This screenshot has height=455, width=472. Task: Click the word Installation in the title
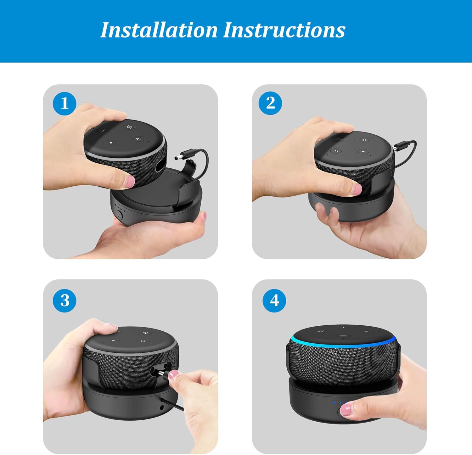coord(159,30)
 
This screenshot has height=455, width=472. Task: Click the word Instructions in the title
coord(284,30)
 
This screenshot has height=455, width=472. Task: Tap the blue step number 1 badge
coord(65,103)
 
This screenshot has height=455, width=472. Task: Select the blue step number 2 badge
coord(270,103)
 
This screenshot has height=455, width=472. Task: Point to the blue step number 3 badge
coord(65,301)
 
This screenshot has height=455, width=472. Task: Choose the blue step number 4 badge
coord(274,301)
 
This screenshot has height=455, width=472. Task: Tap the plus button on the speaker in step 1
coord(138,139)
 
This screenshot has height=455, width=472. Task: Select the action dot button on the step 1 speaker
coord(111,143)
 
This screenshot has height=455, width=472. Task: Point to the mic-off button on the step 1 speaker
coord(129,127)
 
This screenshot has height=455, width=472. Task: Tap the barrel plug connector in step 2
coord(400,145)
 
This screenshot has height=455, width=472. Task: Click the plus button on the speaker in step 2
coord(364,140)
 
